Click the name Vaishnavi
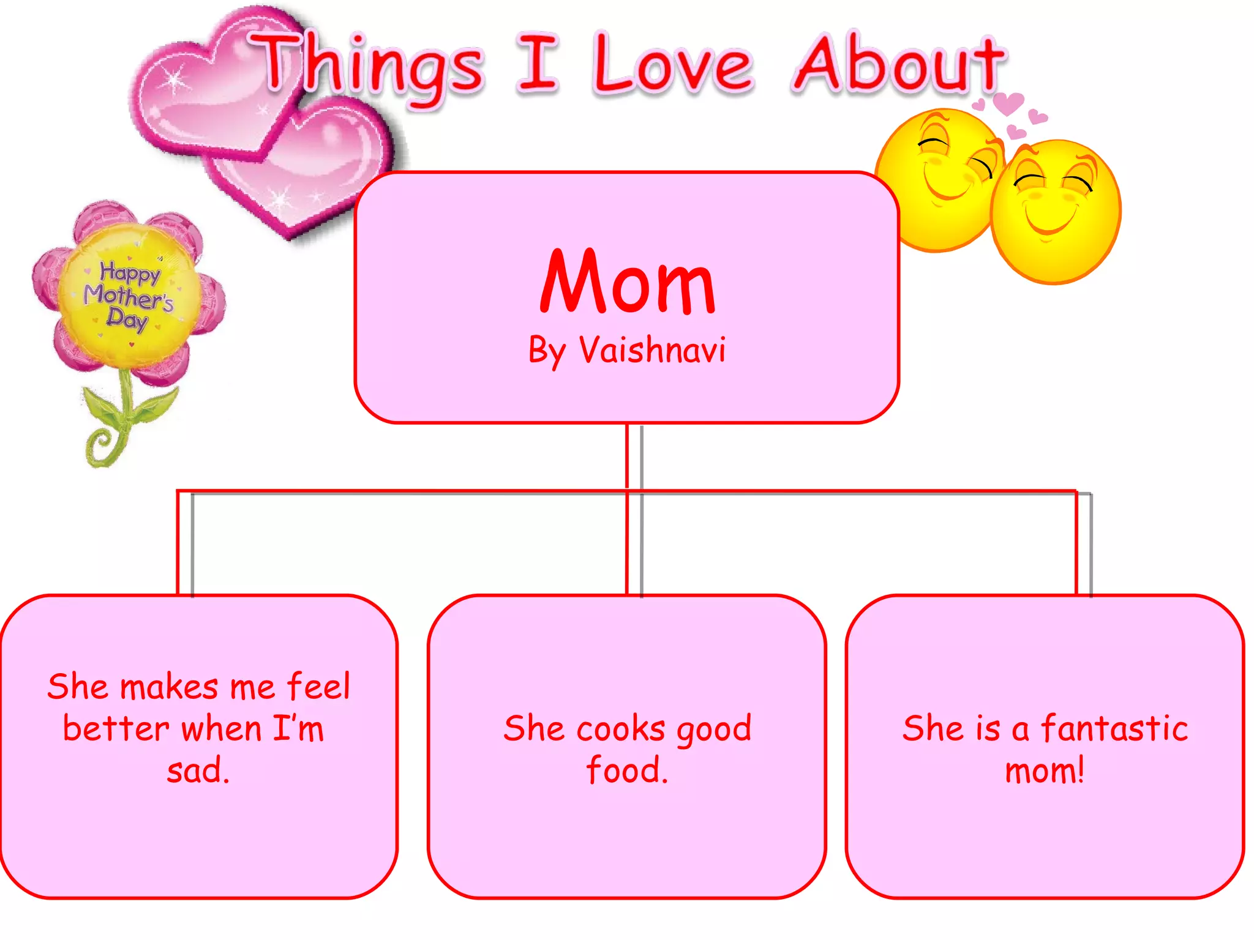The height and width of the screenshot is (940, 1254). [652, 351]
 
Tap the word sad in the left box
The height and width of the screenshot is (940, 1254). [197, 770]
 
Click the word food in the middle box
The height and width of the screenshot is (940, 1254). [626, 770]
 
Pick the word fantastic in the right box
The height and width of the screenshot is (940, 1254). [1114, 729]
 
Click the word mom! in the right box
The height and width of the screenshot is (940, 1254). [1045, 770]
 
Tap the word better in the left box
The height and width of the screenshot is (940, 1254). [116, 729]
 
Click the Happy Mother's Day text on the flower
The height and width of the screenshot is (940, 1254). [129, 296]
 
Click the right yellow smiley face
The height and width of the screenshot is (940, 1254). [1055, 211]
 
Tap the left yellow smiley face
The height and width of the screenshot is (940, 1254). [937, 177]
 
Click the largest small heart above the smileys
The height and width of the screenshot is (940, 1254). [1008, 103]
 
